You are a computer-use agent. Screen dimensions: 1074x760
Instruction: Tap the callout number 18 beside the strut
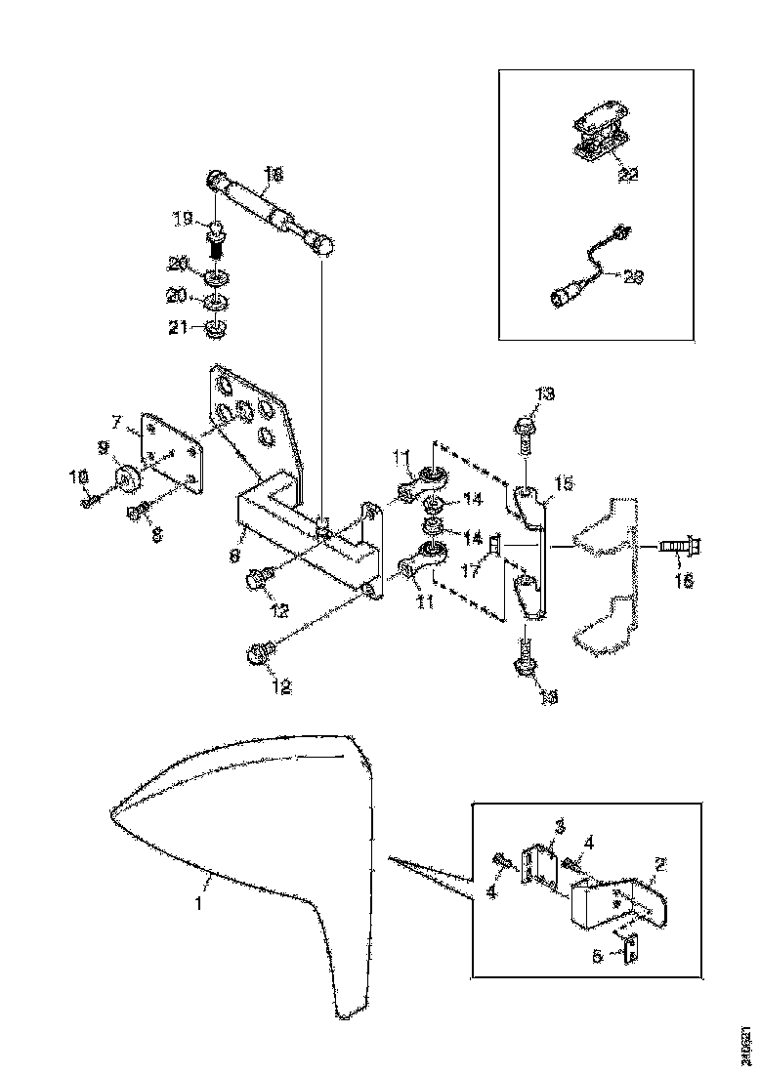click(274, 175)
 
